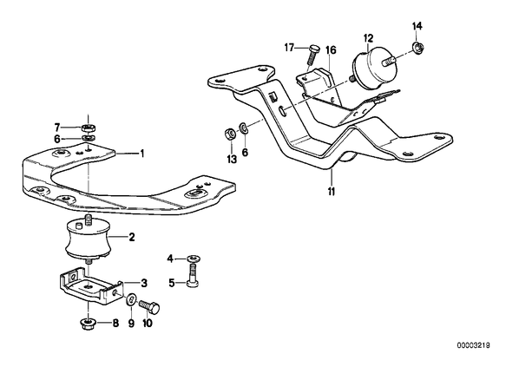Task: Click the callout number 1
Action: (x=142, y=154)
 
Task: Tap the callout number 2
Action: (x=131, y=237)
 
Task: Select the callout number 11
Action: (x=332, y=191)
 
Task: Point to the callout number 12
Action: (x=368, y=38)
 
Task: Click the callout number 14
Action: (x=417, y=25)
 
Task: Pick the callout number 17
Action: (x=289, y=48)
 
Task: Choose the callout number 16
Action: (x=331, y=50)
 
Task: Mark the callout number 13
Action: (x=232, y=159)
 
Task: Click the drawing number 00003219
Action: (x=474, y=345)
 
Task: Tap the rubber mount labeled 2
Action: (x=89, y=238)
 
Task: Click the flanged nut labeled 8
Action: (x=87, y=324)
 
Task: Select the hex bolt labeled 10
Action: (x=149, y=307)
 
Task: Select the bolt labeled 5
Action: (x=193, y=275)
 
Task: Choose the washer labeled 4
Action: (x=193, y=259)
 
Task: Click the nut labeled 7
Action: (x=89, y=128)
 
